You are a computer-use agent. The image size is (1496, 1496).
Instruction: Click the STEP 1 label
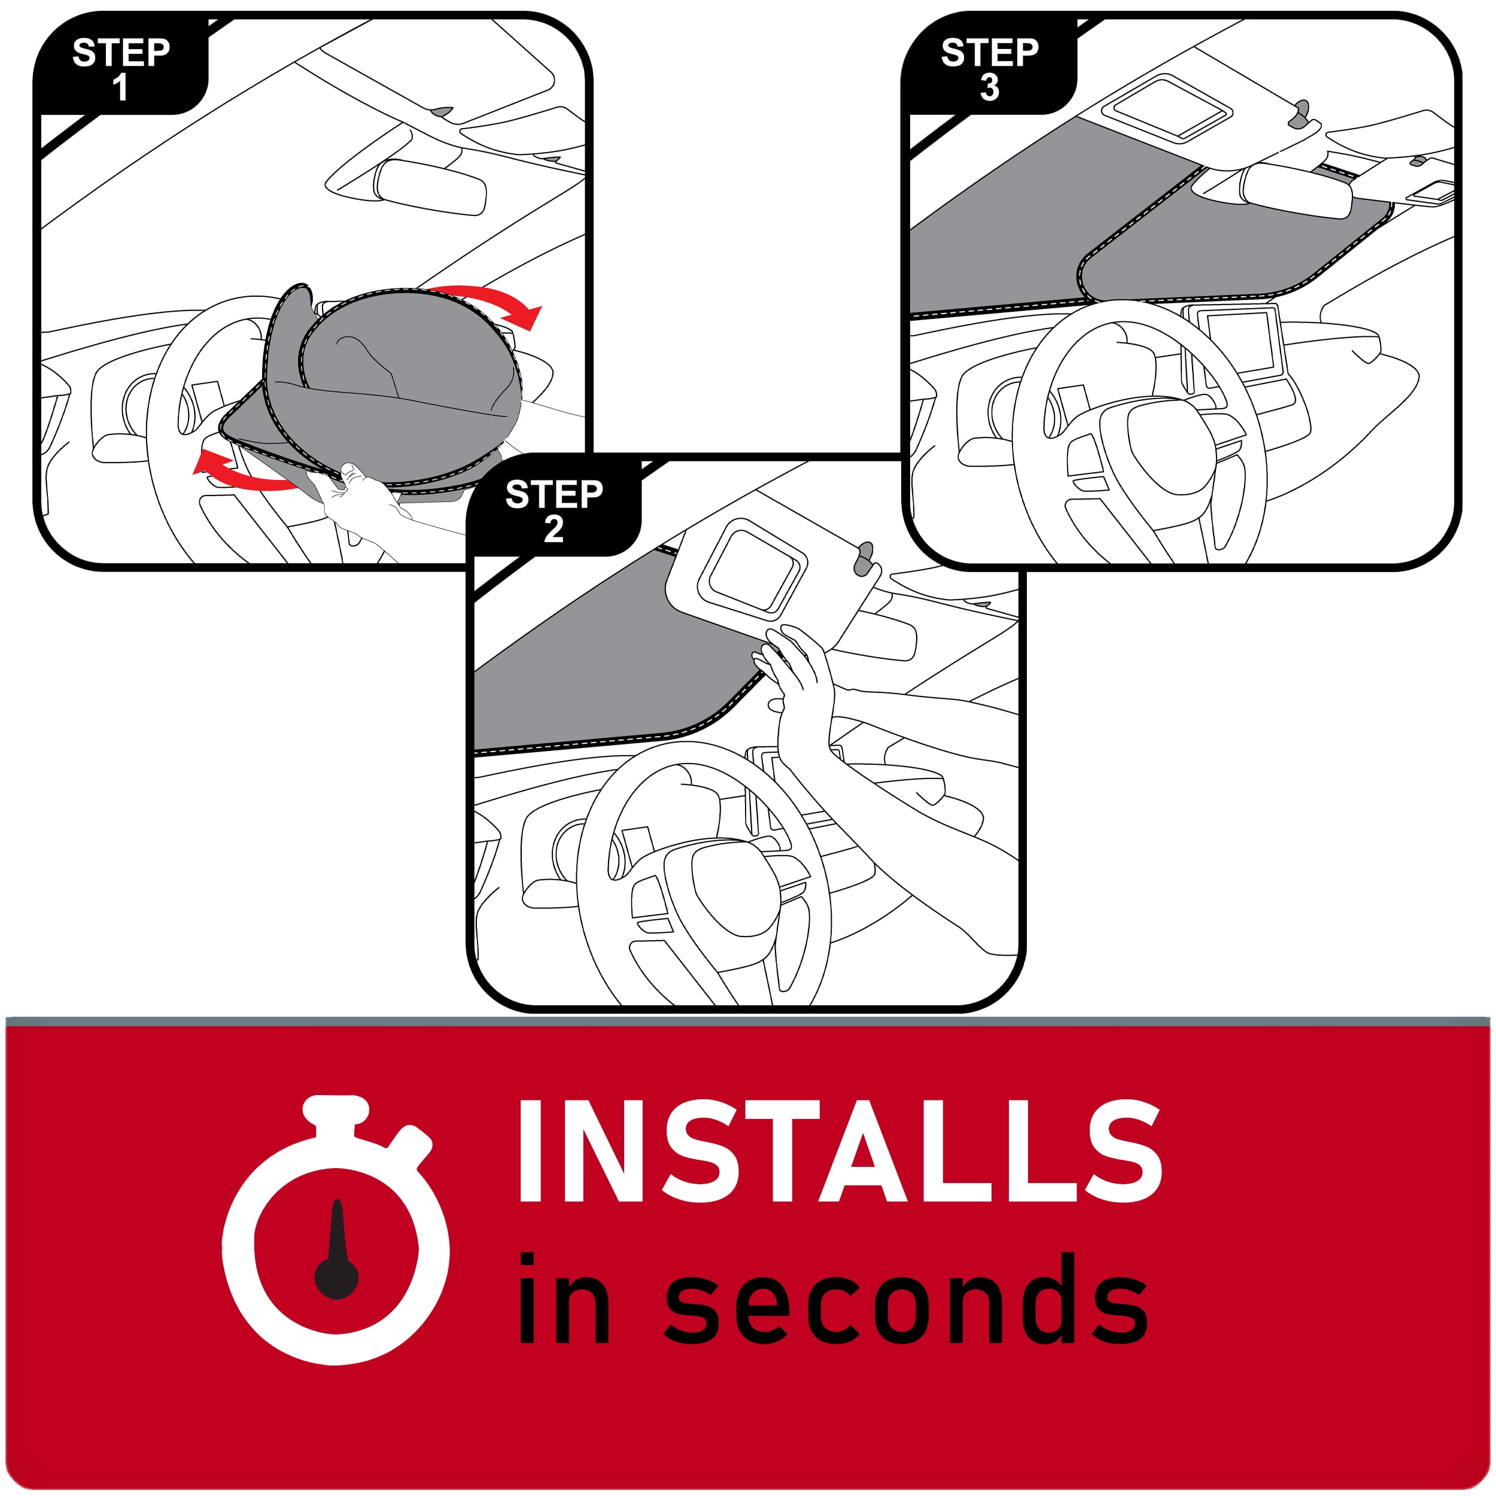point(121,69)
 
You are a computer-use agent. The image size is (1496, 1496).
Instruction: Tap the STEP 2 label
point(554,511)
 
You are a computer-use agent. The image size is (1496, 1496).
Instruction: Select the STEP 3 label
point(990,69)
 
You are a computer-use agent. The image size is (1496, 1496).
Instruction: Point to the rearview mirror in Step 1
point(430,188)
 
